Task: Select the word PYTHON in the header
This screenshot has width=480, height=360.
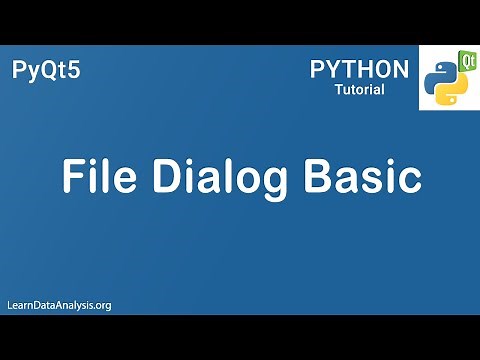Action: click(359, 69)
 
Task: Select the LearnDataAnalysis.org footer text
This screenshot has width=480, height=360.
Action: click(58, 304)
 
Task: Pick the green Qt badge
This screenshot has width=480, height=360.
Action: click(466, 59)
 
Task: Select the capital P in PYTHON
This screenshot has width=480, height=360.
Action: click(318, 69)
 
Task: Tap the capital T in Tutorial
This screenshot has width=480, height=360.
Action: click(339, 91)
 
